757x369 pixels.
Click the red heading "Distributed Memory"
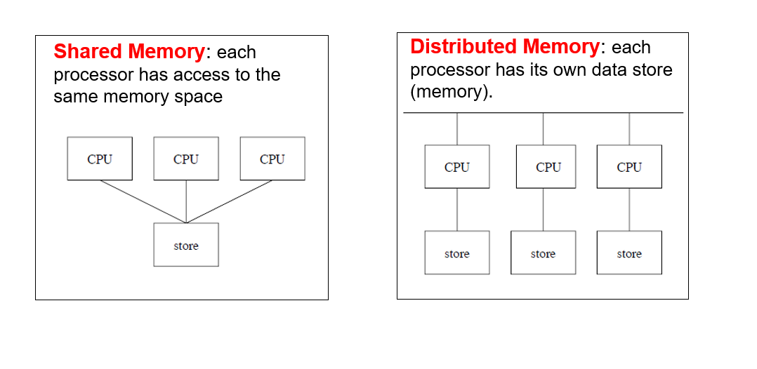click(x=504, y=47)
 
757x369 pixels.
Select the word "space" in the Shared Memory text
click(x=199, y=96)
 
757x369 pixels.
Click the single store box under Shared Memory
click(x=186, y=245)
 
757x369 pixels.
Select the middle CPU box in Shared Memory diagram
click(x=186, y=159)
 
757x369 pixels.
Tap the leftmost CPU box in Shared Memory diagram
click(x=100, y=159)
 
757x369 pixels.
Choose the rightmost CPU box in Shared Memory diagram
click(x=272, y=159)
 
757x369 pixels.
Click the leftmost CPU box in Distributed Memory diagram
click(x=457, y=167)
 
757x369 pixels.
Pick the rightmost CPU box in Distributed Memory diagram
click(x=629, y=167)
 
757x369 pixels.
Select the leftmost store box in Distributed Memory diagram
click(x=457, y=253)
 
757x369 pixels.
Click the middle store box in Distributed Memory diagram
click(x=543, y=253)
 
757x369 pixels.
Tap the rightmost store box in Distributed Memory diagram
click(x=629, y=253)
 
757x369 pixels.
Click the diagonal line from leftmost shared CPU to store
click(x=143, y=202)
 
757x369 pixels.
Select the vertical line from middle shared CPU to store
click(x=186, y=202)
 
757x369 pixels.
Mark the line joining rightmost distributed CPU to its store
click(x=629, y=209)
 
